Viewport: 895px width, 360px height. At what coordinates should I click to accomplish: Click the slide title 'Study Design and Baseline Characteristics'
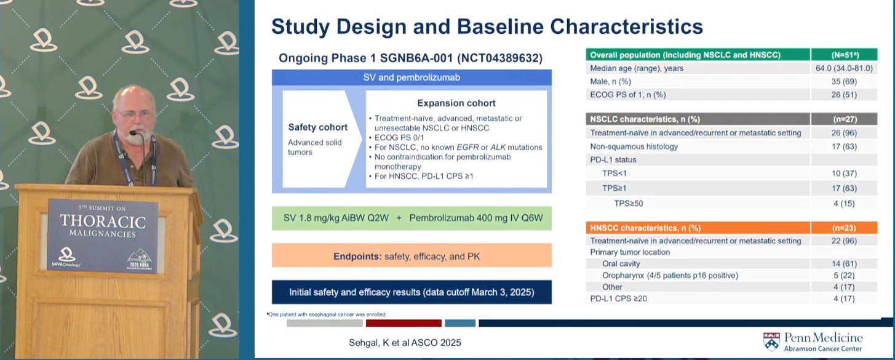(487, 27)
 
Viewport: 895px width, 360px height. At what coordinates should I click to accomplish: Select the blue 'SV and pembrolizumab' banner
(412, 78)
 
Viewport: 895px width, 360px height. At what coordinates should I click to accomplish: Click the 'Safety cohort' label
(317, 127)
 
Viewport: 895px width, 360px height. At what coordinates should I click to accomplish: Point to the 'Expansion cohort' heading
(456, 103)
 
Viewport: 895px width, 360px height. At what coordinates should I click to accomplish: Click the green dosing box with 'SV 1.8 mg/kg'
(412, 218)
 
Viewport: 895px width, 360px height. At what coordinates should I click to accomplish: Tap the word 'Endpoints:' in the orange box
(357, 257)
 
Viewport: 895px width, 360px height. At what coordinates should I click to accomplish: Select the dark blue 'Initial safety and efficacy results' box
(412, 292)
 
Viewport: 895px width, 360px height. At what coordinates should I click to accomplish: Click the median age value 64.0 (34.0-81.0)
(844, 68)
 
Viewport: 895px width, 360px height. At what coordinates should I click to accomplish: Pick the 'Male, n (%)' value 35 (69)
(844, 81)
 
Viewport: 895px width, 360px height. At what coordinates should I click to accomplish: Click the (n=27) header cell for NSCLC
(845, 119)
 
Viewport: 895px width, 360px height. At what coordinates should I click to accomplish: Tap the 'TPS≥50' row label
(629, 203)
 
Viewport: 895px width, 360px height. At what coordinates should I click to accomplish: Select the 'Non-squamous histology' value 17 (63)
(844, 146)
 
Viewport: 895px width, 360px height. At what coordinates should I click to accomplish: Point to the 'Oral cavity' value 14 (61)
(844, 264)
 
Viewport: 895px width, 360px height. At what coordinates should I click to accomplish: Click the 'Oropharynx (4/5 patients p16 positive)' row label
(670, 275)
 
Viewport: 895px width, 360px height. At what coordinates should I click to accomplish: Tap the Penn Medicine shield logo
(771, 342)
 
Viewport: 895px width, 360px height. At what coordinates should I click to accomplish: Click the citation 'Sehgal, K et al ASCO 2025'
(405, 342)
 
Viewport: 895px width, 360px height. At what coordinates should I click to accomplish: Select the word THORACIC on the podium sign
(103, 221)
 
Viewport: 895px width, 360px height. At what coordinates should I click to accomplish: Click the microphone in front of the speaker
(140, 152)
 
